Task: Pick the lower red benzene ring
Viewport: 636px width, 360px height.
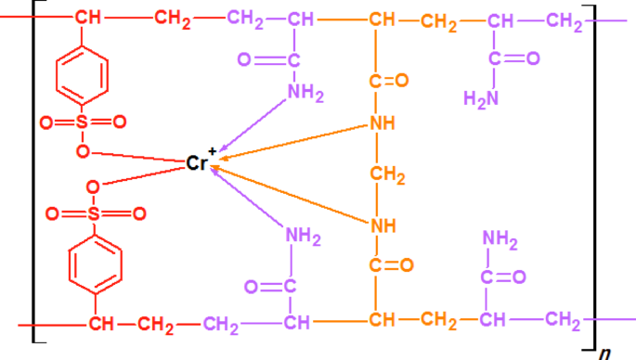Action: tap(95, 264)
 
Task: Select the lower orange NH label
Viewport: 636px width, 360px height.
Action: tap(382, 224)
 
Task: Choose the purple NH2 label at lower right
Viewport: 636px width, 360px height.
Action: tap(500, 239)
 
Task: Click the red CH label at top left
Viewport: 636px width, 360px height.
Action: tap(88, 19)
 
